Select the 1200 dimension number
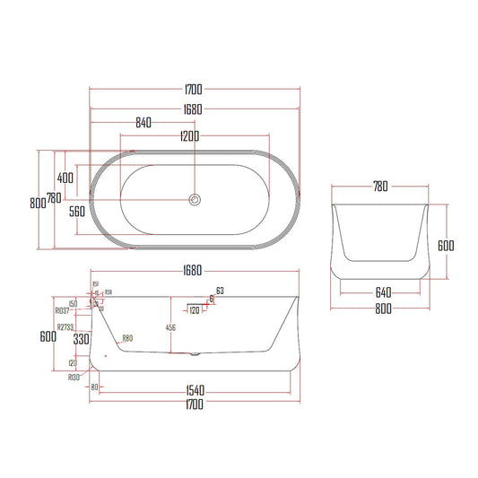point(187,135)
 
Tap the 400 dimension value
point(66,177)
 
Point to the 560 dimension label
point(76,212)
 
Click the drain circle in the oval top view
point(194,199)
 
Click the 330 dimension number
point(80,339)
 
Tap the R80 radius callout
point(127,338)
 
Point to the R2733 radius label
point(65,327)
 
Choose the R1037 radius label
point(64,309)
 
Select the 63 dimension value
point(220,290)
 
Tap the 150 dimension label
point(72,303)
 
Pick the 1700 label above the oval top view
point(194,89)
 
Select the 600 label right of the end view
point(445,245)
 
